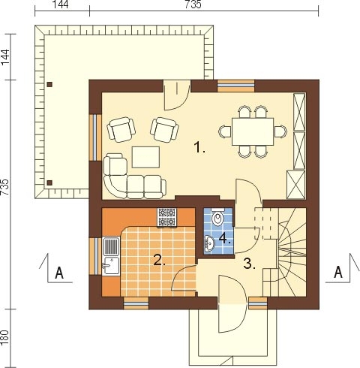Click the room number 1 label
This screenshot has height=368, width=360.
click(199, 147)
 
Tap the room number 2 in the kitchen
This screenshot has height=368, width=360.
click(160, 261)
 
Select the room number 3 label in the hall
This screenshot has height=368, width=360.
click(250, 264)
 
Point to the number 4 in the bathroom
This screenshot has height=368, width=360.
click(224, 239)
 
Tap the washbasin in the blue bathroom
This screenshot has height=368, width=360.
click(209, 243)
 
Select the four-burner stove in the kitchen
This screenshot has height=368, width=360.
click(166, 218)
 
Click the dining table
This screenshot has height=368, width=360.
click(253, 131)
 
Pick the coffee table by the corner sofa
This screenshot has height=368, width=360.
click(145, 157)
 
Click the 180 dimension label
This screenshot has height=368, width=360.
click(5, 338)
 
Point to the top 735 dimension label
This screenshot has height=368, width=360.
click(193, 5)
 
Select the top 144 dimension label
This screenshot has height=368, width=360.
click(61, 5)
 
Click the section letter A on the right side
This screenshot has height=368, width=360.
click(338, 272)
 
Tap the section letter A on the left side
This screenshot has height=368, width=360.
click(59, 273)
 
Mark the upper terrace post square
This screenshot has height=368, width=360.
click(50, 85)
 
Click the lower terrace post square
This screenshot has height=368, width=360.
click(50, 182)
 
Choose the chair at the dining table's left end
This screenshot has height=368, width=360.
click(225, 131)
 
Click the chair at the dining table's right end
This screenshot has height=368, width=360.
click(280, 131)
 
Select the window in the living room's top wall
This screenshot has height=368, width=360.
click(235, 86)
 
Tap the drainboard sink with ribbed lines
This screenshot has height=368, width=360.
click(111, 246)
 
